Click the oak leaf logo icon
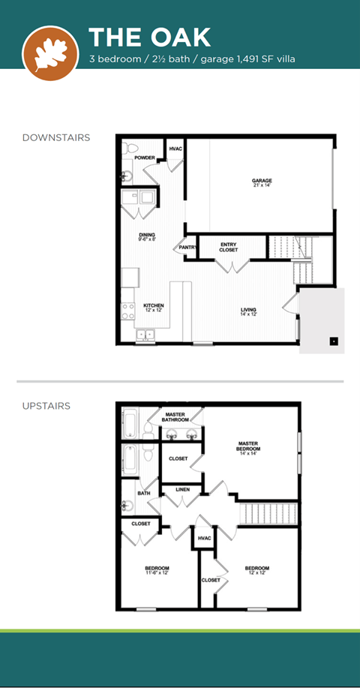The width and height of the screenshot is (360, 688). click(x=51, y=53)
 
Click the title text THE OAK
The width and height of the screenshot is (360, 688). click(x=149, y=37)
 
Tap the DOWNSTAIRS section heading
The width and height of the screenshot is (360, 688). click(x=56, y=137)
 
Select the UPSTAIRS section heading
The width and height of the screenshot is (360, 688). click(x=46, y=406)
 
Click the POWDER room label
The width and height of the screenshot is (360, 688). click(x=145, y=158)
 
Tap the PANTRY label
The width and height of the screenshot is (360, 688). click(x=188, y=247)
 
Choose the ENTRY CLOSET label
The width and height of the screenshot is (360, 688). click(x=229, y=247)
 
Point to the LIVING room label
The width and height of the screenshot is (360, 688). click(x=248, y=311)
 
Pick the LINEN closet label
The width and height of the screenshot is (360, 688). click(x=182, y=490)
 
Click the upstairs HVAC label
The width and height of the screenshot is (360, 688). click(x=204, y=538)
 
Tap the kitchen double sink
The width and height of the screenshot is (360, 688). click(x=145, y=335)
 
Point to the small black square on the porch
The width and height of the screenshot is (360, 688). click(x=334, y=341)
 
